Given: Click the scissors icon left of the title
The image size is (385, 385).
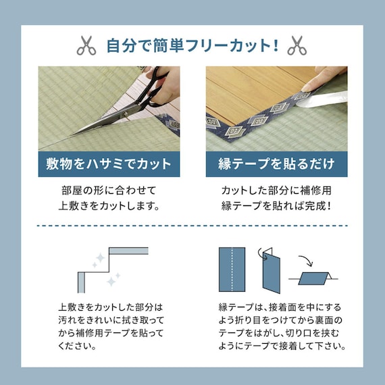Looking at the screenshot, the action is click(x=86, y=45).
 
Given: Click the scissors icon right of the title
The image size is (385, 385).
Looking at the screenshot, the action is click(x=297, y=45).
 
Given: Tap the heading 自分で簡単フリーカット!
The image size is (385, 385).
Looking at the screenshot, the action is click(x=192, y=45).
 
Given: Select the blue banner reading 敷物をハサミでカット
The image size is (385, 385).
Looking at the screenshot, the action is click(x=109, y=164).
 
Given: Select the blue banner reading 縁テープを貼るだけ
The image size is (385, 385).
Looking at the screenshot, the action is click(x=276, y=164).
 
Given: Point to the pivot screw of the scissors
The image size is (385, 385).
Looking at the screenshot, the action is click(x=126, y=114).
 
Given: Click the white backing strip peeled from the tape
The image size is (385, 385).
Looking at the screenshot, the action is click(x=322, y=100).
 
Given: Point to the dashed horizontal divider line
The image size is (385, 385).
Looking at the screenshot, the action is click(x=192, y=226).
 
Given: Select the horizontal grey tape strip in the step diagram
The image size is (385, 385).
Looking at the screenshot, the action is click(x=128, y=251).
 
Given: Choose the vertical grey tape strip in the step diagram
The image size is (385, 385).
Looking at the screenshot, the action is click(x=81, y=282).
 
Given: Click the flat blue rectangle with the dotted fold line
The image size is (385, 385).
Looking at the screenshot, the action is click(x=232, y=269).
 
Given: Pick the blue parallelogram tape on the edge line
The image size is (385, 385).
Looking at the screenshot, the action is click(x=313, y=278).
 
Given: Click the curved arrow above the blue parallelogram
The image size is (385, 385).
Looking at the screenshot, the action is click(x=307, y=261).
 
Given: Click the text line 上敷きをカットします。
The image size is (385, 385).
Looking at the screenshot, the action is click(x=109, y=206).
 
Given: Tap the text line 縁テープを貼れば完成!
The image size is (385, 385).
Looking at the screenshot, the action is click(x=276, y=206).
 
